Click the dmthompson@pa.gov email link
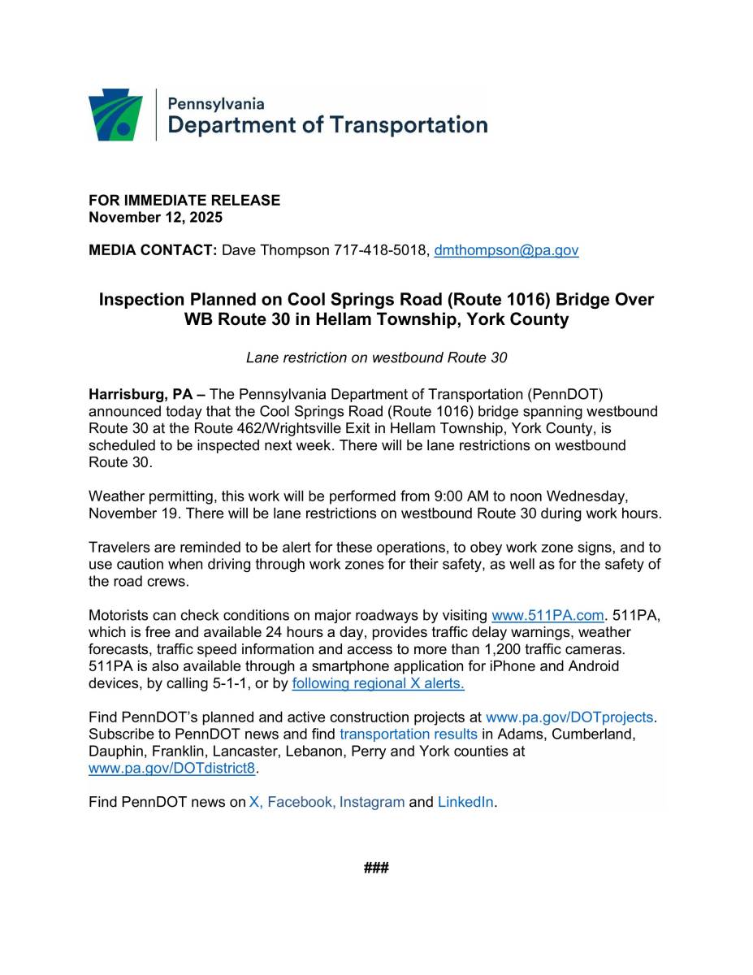click(x=506, y=250)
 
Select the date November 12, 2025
click(x=155, y=217)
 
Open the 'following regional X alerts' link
click(x=378, y=683)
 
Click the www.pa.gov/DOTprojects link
click(x=569, y=717)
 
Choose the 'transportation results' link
click(x=408, y=734)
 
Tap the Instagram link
click(x=371, y=802)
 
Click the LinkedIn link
click(x=465, y=802)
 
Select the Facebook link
click(x=300, y=802)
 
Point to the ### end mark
click(x=376, y=869)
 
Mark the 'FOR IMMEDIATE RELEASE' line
click(x=184, y=200)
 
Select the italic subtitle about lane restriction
click(x=376, y=357)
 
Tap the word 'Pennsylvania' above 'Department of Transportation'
click(x=215, y=104)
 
